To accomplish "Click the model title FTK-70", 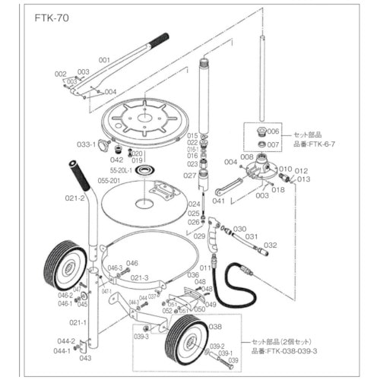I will click(x=52, y=17).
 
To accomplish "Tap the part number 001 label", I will click(x=104, y=59).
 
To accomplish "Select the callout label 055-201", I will click(x=111, y=182).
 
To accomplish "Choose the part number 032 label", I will click(x=270, y=245).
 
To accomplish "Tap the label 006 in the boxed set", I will click(x=274, y=131).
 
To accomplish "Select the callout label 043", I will click(x=85, y=358).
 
